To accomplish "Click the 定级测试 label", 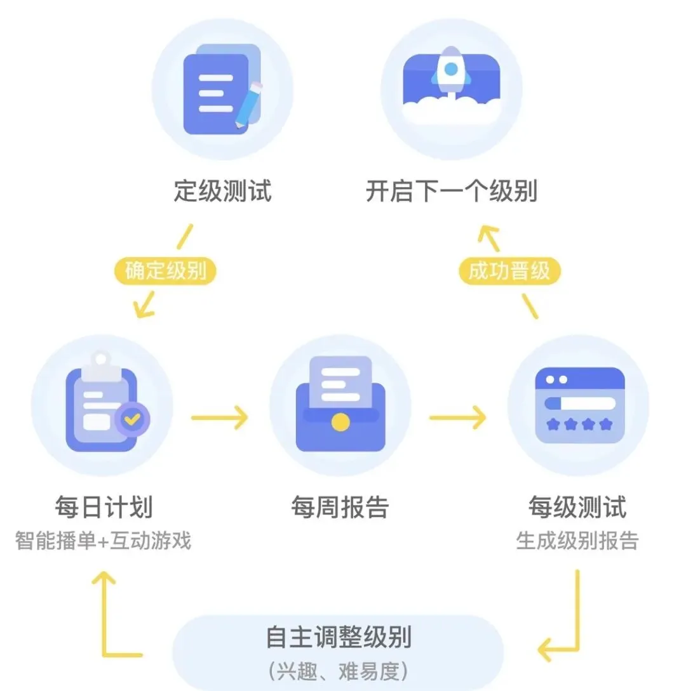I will (222, 190).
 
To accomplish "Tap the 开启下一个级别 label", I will (451, 190).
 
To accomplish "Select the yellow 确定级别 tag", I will (166, 272).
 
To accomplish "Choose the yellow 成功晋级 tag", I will (509, 272).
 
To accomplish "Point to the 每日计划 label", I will (104, 508).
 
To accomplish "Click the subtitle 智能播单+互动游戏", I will (104, 541).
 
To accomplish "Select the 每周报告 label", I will (340, 508).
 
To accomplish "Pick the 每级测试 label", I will (577, 508).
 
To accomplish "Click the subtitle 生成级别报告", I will (577, 541).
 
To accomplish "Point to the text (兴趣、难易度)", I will (339, 669).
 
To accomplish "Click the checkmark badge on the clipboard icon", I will (132, 418).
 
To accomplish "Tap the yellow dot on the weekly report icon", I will (340, 422).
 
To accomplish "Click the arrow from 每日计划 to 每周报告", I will (220, 418).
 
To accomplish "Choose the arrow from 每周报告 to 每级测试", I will (457, 418).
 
